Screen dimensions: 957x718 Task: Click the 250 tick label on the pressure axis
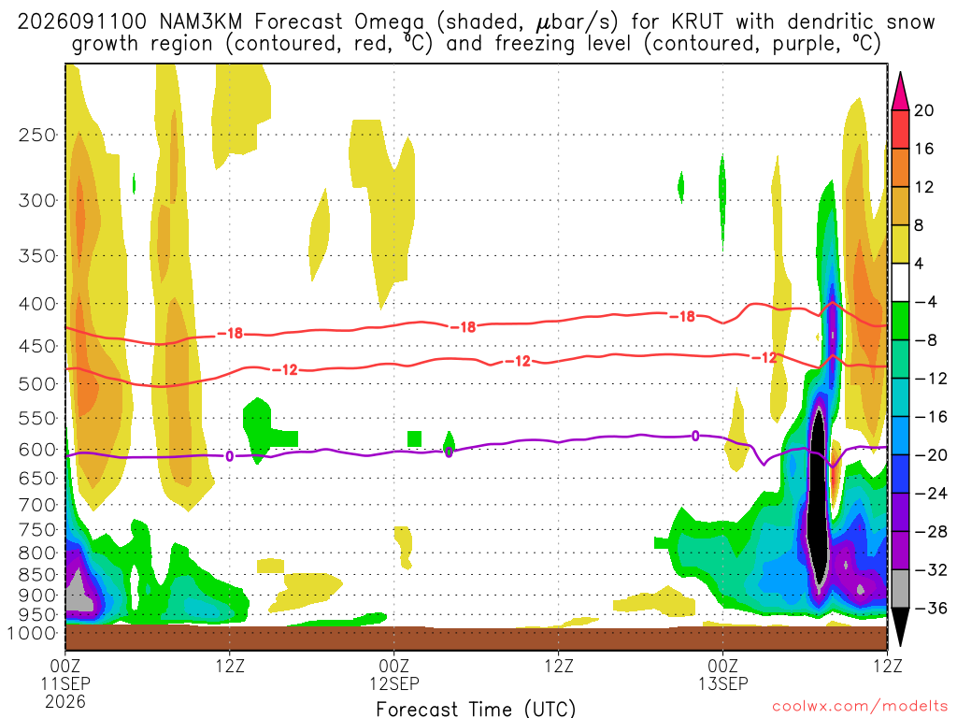36,135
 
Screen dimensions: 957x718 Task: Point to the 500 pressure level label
36,384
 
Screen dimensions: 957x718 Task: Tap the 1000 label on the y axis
33,633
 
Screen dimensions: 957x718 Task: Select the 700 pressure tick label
36,505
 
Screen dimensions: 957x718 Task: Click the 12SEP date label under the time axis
394,683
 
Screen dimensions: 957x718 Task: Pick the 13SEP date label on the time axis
723,683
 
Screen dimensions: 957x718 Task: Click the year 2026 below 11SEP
65,701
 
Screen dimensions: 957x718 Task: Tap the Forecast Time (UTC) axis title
476,709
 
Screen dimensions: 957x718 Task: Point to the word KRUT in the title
696,22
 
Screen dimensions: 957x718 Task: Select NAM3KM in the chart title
200,22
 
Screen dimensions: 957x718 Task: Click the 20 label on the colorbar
923,110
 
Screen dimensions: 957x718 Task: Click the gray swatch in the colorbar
900,589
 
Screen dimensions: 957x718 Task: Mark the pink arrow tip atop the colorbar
900,73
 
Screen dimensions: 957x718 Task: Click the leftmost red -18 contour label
230,334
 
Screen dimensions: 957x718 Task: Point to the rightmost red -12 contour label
764,358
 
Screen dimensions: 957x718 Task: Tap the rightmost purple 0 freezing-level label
695,436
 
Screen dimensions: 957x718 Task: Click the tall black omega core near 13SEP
818,497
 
